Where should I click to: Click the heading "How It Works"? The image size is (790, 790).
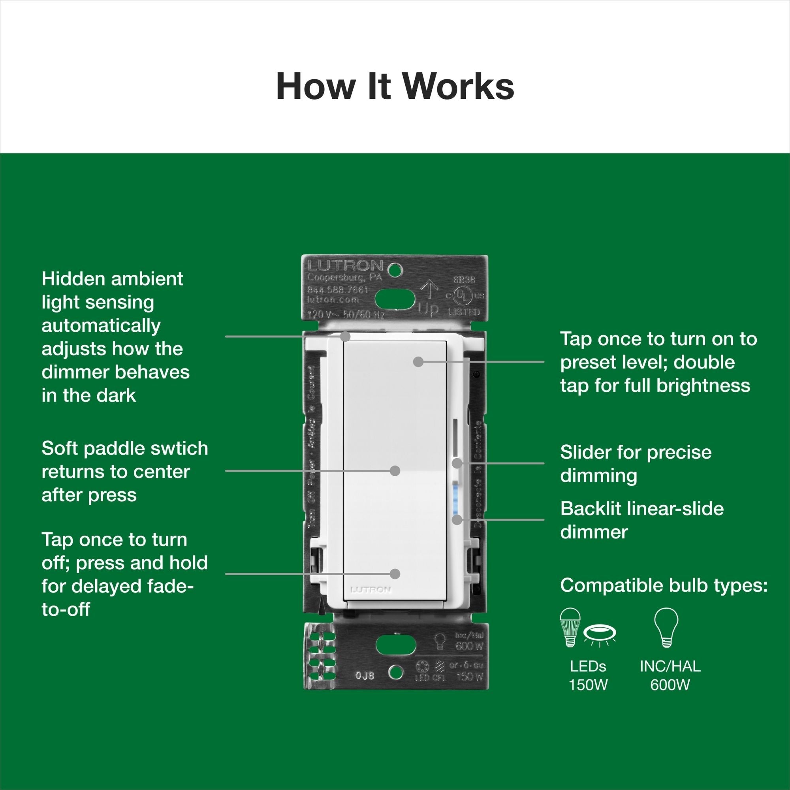pyautogui.click(x=395, y=87)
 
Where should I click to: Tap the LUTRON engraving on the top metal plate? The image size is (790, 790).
pyautogui.click(x=345, y=266)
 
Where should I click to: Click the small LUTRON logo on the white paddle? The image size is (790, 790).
pyautogui.click(x=371, y=590)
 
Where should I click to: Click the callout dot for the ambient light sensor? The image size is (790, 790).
pyautogui.click(x=346, y=337)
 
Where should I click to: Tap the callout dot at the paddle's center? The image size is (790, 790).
pyautogui.click(x=395, y=471)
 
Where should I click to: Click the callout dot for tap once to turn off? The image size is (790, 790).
pyautogui.click(x=395, y=574)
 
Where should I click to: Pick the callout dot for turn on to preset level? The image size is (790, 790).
pyautogui.click(x=418, y=361)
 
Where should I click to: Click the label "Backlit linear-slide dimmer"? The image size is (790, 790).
pyautogui.click(x=641, y=520)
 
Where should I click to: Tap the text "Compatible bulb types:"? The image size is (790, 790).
pyautogui.click(x=664, y=585)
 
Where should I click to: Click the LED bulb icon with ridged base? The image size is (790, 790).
pyautogui.click(x=570, y=627)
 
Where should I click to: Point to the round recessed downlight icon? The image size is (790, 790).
pyautogui.click(x=600, y=636)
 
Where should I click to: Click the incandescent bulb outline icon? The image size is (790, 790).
pyautogui.click(x=666, y=627)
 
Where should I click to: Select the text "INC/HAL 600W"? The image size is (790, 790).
pyautogui.click(x=670, y=675)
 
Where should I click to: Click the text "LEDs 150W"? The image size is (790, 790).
pyautogui.click(x=588, y=675)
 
